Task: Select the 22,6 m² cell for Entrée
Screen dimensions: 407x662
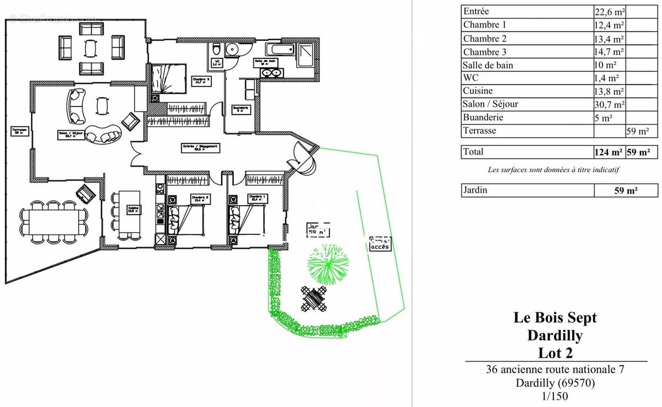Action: click(x=609, y=12)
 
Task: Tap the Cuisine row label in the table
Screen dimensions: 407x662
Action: click(x=478, y=91)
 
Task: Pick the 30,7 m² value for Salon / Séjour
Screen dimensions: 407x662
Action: click(x=609, y=104)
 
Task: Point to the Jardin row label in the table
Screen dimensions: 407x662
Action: click(x=476, y=190)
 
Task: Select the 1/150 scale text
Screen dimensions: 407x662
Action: click(x=555, y=395)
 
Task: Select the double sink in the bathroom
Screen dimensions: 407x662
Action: click(x=270, y=73)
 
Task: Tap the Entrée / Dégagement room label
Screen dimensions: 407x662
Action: click(x=201, y=148)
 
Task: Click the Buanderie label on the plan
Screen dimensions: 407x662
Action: click(x=241, y=109)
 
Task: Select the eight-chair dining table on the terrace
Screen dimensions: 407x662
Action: click(x=54, y=222)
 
